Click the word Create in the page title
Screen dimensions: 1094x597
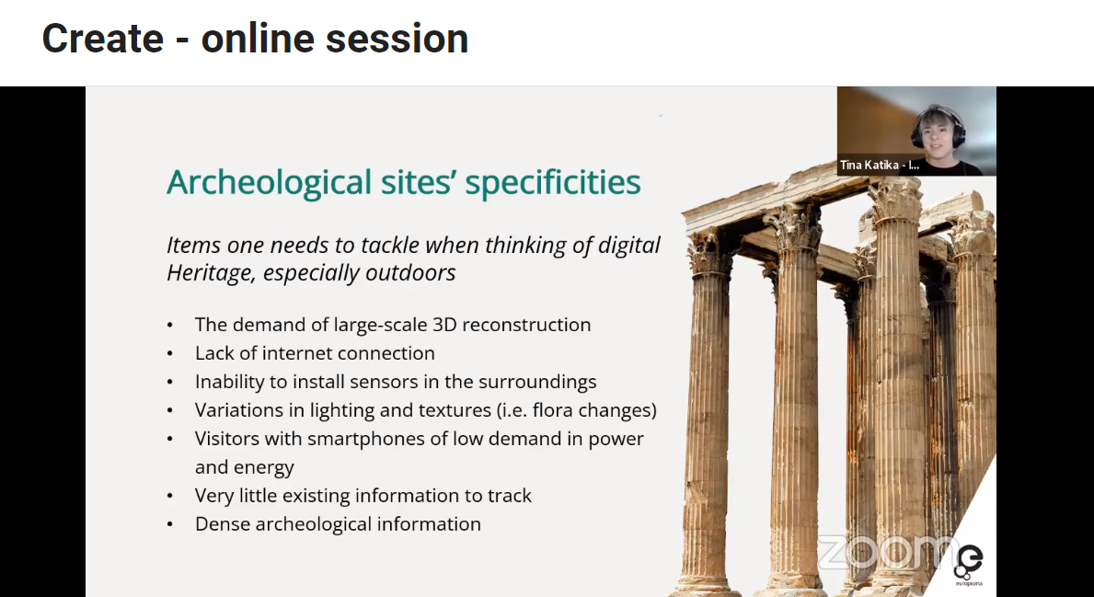102,39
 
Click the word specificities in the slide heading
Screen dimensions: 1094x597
553,183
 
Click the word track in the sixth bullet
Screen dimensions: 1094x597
510,496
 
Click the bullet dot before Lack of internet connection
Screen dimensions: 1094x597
170,354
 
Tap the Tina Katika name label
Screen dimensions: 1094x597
879,166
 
